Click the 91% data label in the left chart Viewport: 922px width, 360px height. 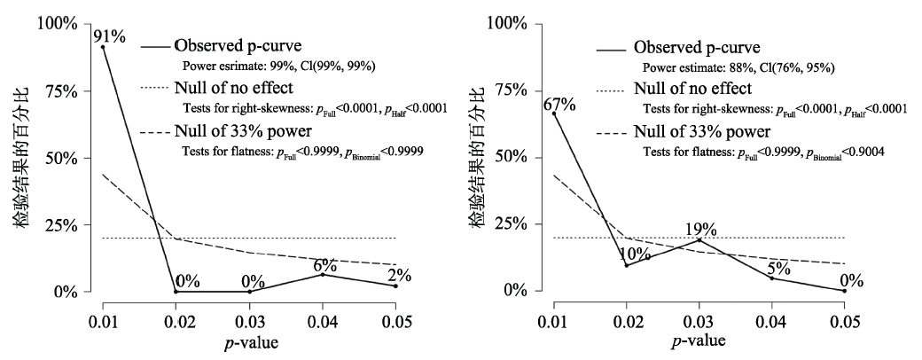pyautogui.click(x=110, y=36)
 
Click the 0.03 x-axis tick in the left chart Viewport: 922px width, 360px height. pyautogui.click(x=249, y=318)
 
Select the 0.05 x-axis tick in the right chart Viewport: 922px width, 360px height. pyautogui.click(x=845, y=318)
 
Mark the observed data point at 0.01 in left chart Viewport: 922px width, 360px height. pyautogui.click(x=103, y=47)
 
